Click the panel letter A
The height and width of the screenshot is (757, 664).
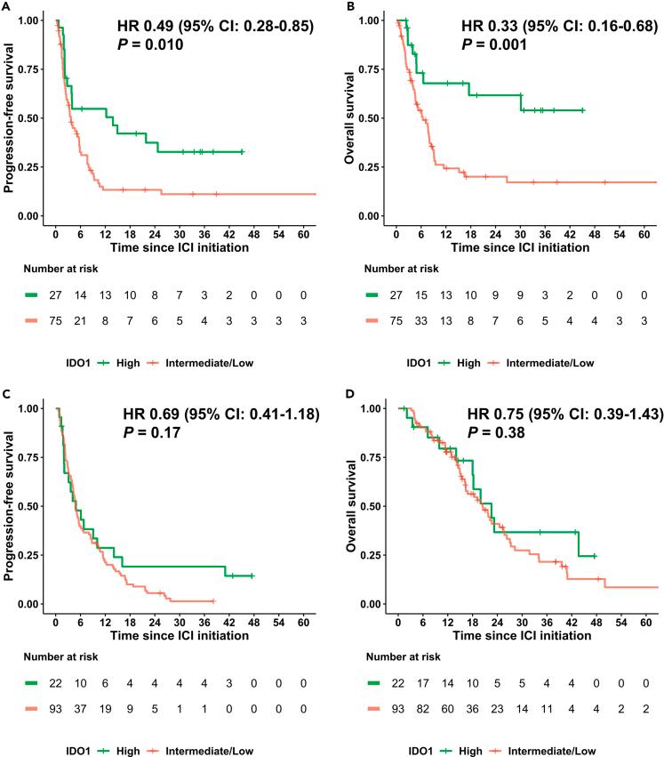coord(5,6)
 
